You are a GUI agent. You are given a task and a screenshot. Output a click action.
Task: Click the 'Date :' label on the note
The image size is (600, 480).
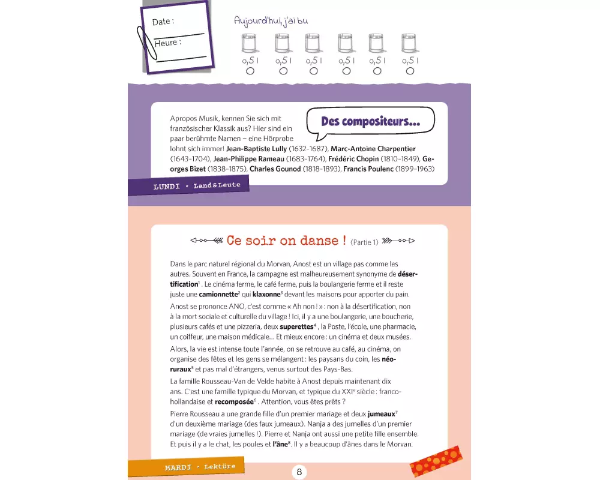[163, 22]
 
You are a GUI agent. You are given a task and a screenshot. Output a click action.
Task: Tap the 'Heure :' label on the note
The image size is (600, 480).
[167, 43]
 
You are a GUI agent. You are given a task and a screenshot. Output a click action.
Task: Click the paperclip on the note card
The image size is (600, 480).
[146, 43]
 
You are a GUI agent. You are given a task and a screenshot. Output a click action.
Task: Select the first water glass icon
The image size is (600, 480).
[250, 43]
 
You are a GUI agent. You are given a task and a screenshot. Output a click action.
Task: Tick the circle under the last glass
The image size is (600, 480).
[410, 71]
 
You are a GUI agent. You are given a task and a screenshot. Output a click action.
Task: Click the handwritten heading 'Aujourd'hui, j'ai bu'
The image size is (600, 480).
[271, 20]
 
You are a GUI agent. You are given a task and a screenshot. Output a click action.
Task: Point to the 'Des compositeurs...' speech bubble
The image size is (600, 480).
[370, 122]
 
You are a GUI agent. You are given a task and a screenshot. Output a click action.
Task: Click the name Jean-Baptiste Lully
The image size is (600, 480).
[256, 149]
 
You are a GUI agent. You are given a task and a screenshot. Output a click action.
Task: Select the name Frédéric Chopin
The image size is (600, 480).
[353, 159]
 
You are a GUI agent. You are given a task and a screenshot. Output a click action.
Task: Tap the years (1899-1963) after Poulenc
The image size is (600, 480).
[415, 169]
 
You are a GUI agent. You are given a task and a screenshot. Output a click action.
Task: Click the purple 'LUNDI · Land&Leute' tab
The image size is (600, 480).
[188, 185]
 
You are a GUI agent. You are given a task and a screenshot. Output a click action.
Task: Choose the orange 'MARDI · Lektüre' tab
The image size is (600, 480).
[186, 467]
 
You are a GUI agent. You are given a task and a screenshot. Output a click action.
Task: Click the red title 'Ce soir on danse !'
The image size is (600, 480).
[287, 241]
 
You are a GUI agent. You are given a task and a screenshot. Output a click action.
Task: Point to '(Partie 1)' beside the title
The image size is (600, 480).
[364, 242]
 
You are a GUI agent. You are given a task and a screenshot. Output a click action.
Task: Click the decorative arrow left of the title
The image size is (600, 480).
[206, 241]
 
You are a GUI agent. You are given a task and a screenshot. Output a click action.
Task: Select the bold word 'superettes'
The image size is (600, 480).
[296, 326]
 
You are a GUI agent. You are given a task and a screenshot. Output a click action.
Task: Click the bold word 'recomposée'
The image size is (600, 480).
[234, 401]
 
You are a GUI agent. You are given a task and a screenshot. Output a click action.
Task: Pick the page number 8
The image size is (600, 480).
[299, 472]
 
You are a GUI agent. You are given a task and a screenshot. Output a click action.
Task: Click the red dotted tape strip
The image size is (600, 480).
[436, 461]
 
